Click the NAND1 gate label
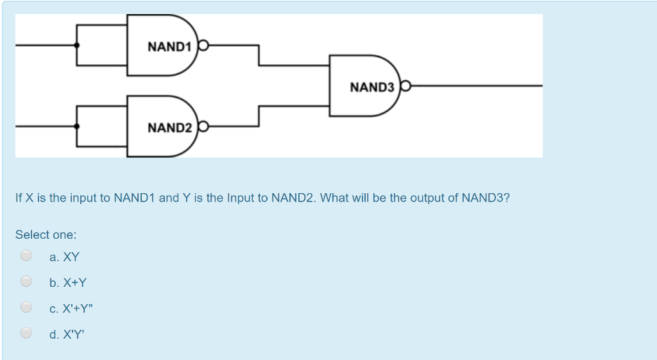click(170, 47)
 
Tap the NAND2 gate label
click(170, 128)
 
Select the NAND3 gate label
click(372, 87)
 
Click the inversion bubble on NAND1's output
click(203, 46)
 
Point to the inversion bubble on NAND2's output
click(203, 126)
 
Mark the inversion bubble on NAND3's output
click(405, 85)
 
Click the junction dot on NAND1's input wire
click(77, 46)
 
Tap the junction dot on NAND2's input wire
click(77, 126)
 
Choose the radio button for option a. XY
click(26, 255)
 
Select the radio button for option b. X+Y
click(26, 281)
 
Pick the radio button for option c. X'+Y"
click(26, 307)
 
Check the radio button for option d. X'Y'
click(26, 332)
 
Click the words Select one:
click(46, 235)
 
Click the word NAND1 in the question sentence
click(134, 198)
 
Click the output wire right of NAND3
click(475, 85)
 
